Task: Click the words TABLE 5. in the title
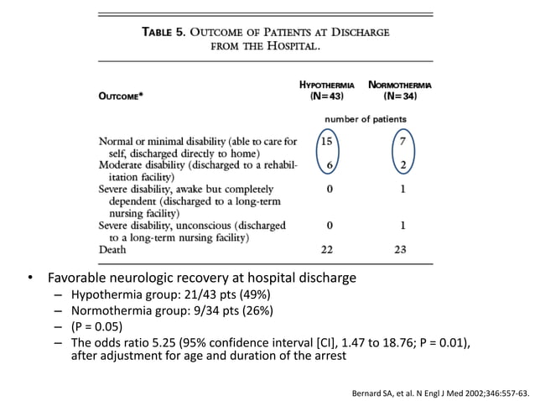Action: click(164, 32)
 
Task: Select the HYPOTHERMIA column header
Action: click(326, 84)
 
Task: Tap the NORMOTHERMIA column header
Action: click(398, 84)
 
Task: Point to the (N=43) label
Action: click(326, 96)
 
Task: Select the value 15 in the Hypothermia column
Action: click(329, 141)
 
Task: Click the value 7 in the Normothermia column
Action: click(403, 141)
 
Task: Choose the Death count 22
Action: click(330, 249)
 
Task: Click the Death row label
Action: click(113, 249)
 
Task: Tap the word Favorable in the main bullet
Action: click(75, 278)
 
